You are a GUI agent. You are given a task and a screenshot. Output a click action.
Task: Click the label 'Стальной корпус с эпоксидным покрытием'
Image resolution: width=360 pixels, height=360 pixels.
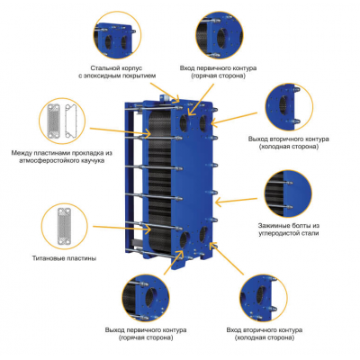tap(117, 72)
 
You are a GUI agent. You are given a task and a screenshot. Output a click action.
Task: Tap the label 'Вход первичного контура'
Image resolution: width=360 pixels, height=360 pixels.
tap(218, 68)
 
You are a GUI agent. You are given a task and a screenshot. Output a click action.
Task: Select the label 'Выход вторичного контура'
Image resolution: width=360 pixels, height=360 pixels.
tap(289, 139)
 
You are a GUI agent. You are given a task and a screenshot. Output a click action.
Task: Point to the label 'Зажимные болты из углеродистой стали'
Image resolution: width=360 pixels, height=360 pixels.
tap(289, 229)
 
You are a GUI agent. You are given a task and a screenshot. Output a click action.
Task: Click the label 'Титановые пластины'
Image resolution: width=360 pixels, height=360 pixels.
tap(64, 258)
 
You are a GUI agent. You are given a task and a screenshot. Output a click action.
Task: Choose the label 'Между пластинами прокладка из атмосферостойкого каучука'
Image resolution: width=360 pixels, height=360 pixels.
tap(62, 157)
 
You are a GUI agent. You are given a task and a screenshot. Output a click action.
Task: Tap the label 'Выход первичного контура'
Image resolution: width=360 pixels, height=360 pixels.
tap(146, 330)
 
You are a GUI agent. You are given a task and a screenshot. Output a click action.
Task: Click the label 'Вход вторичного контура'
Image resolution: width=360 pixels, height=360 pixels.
tap(265, 330)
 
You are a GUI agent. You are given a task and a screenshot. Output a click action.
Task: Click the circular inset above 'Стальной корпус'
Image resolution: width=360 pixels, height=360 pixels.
tap(118, 35)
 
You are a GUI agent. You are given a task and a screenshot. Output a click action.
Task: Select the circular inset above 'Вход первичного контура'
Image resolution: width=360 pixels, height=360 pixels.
tap(220, 35)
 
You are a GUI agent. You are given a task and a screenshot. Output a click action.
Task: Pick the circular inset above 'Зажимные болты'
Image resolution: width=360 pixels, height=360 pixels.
tap(288, 194)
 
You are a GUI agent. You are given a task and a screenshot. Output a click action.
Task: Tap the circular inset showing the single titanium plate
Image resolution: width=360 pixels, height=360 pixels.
tap(64, 226)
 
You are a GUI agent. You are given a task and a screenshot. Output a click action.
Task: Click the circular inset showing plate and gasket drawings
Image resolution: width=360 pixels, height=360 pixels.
tap(62, 121)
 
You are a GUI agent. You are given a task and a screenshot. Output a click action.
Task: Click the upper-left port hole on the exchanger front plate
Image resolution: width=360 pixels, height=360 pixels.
tap(184, 122)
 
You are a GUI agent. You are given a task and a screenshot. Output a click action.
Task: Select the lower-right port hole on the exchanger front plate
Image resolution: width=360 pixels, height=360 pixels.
tap(203, 235)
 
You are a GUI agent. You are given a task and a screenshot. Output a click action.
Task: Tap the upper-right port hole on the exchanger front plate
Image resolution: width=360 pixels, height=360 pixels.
tap(203, 122)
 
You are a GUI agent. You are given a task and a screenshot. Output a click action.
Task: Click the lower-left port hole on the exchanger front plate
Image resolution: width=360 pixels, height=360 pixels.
tap(184, 239)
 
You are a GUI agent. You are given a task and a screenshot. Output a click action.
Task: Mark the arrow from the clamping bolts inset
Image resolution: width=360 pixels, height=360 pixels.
tap(236, 201)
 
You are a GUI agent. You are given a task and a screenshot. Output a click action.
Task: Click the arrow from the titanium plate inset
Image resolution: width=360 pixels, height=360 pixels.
tap(122, 228)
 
